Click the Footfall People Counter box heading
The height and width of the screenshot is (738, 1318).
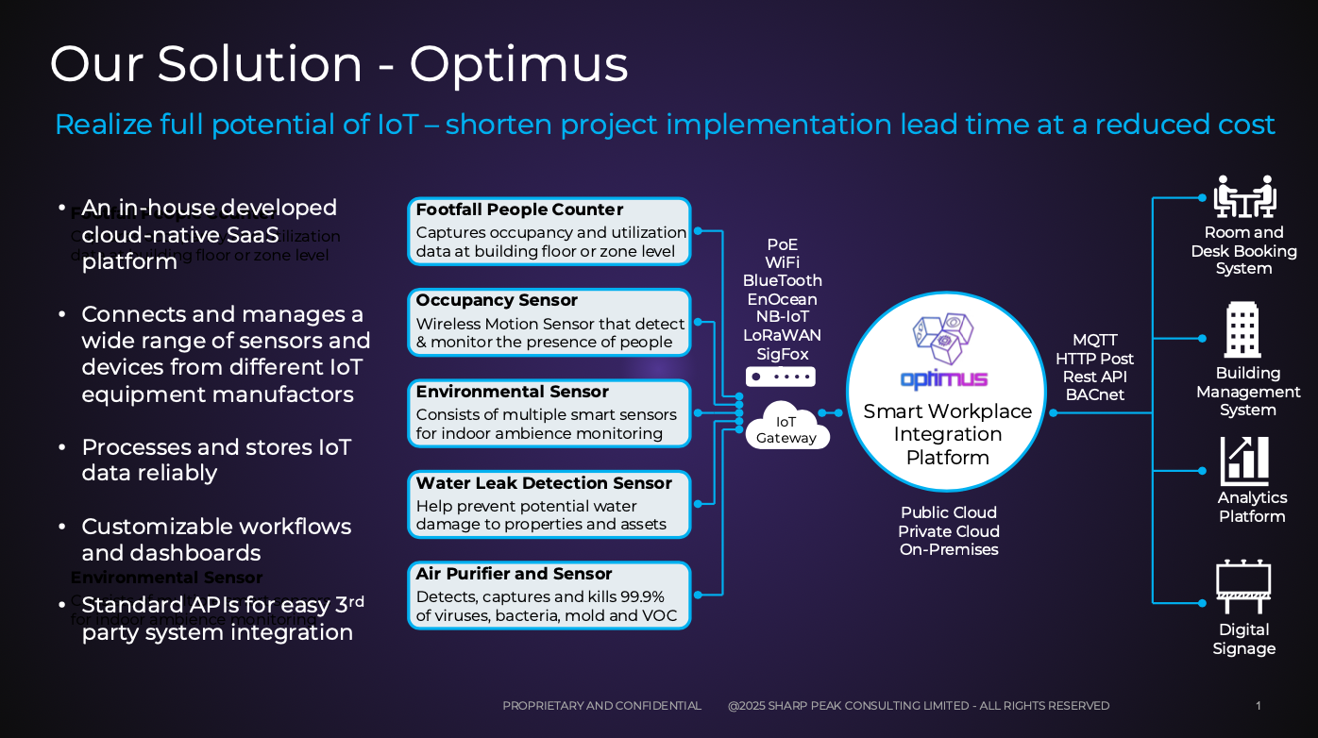click(519, 210)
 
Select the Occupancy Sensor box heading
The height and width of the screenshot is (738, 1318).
click(497, 300)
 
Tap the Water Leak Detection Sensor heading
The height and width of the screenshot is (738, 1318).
click(544, 483)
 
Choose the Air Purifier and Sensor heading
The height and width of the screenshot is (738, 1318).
click(514, 574)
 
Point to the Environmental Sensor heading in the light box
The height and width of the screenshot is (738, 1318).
click(512, 392)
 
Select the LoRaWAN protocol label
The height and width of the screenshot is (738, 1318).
click(782, 335)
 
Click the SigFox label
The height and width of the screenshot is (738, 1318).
click(782, 354)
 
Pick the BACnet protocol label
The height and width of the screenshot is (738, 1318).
click(1094, 394)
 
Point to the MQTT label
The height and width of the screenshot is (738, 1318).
click(1094, 340)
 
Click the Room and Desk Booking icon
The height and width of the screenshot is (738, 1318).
click(1243, 196)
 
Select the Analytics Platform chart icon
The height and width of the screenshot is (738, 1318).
click(1245, 461)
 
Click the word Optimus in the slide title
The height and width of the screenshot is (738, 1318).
click(518, 65)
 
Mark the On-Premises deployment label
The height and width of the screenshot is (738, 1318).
click(948, 549)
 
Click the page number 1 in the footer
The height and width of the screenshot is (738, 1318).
click(1258, 706)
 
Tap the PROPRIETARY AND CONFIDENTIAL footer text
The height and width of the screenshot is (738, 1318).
click(601, 706)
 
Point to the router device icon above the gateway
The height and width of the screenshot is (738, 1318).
click(780, 377)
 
